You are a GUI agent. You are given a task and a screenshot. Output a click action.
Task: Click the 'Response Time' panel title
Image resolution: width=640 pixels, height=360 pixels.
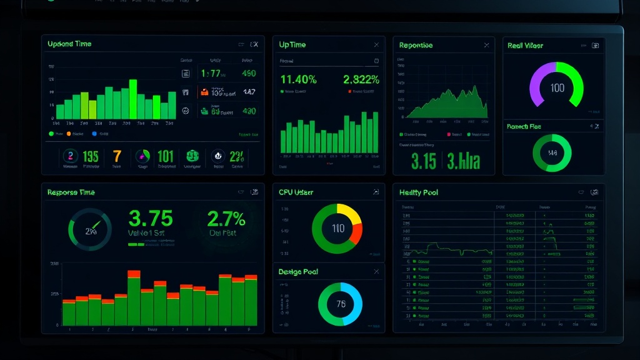pos(71,192)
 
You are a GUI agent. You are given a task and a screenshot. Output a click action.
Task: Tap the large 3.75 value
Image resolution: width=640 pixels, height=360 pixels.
pos(150,218)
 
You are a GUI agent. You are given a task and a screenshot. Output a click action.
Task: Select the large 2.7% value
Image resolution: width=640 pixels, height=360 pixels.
pos(226,218)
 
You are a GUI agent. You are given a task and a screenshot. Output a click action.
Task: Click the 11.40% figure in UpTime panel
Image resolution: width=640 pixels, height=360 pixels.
pos(298,79)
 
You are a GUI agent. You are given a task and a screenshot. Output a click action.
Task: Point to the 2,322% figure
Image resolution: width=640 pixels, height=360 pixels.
pos(361,79)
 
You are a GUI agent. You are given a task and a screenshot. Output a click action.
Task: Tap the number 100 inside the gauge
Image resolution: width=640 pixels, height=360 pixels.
pos(557,88)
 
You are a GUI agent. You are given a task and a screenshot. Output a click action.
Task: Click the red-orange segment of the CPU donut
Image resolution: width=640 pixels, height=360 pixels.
pos(357,234)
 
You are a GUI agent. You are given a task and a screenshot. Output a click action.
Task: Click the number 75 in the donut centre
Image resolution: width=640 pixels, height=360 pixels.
pos(341,304)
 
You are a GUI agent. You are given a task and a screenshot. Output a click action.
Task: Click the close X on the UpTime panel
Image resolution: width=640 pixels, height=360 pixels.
pos(376,45)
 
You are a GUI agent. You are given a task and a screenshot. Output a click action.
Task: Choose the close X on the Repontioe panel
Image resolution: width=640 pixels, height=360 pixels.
pos(486,45)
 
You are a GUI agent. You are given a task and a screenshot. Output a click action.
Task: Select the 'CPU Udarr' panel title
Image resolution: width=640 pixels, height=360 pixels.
pos(296,192)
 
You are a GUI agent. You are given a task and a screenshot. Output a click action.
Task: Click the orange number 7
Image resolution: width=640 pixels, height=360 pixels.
pos(117,156)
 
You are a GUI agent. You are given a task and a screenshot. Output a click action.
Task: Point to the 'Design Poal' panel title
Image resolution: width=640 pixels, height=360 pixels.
pos(298,272)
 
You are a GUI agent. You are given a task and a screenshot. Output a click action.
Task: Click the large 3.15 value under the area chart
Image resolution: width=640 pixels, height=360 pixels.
pos(424,161)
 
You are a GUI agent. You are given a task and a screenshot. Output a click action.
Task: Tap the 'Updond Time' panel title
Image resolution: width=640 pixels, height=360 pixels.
pos(69,44)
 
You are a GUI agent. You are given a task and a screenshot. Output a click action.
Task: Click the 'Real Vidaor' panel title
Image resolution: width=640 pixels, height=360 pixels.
pos(525,45)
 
